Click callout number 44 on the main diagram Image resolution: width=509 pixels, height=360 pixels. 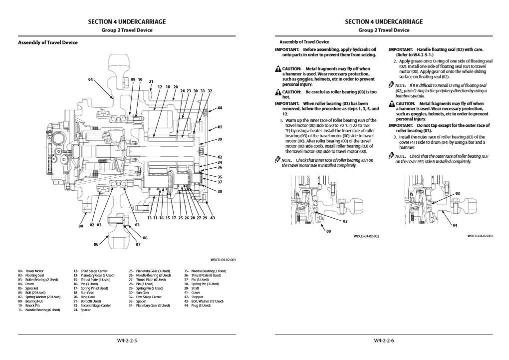pos(220,108)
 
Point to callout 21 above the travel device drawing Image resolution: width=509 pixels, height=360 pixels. pos(151,81)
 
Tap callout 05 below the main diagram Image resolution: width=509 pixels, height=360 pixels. pos(96,245)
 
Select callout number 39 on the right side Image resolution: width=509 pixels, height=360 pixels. pos(220,139)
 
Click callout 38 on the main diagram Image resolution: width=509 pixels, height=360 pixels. pos(220,192)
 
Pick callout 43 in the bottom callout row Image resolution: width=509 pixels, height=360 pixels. pos(212,218)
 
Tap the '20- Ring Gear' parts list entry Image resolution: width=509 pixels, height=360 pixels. pos(85,297)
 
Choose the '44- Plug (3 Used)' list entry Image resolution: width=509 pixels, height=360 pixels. pos(198,306)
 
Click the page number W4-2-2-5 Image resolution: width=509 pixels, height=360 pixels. pos(127,341)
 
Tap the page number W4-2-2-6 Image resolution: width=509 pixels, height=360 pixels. pos(384,341)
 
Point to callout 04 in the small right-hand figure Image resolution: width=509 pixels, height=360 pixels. pos(455,225)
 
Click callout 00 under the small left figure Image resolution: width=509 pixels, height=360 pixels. pos(328,231)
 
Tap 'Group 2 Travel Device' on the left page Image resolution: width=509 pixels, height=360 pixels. pos(127,30)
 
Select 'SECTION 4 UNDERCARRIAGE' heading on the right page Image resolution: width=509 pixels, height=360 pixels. pos(384,21)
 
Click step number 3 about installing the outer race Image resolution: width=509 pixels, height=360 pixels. pos(395,137)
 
